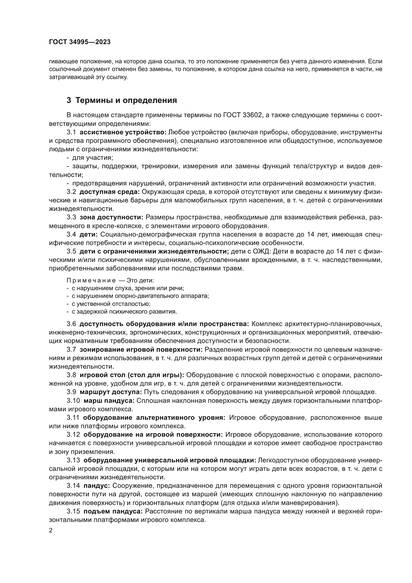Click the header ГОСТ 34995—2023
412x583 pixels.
point(80,42)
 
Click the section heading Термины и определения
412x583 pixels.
point(126,100)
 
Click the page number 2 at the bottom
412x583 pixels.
point(51,530)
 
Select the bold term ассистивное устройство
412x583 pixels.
point(123,132)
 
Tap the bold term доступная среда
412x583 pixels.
point(110,192)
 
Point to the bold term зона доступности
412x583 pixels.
point(111,217)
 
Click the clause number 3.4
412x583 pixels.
point(71,234)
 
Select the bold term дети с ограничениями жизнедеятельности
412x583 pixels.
point(154,251)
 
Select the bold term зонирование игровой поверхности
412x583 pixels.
point(141,350)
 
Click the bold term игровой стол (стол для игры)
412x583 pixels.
point(132,375)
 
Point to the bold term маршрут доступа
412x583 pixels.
point(111,392)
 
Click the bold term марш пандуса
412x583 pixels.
point(109,401)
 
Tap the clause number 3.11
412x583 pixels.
point(73,418)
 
